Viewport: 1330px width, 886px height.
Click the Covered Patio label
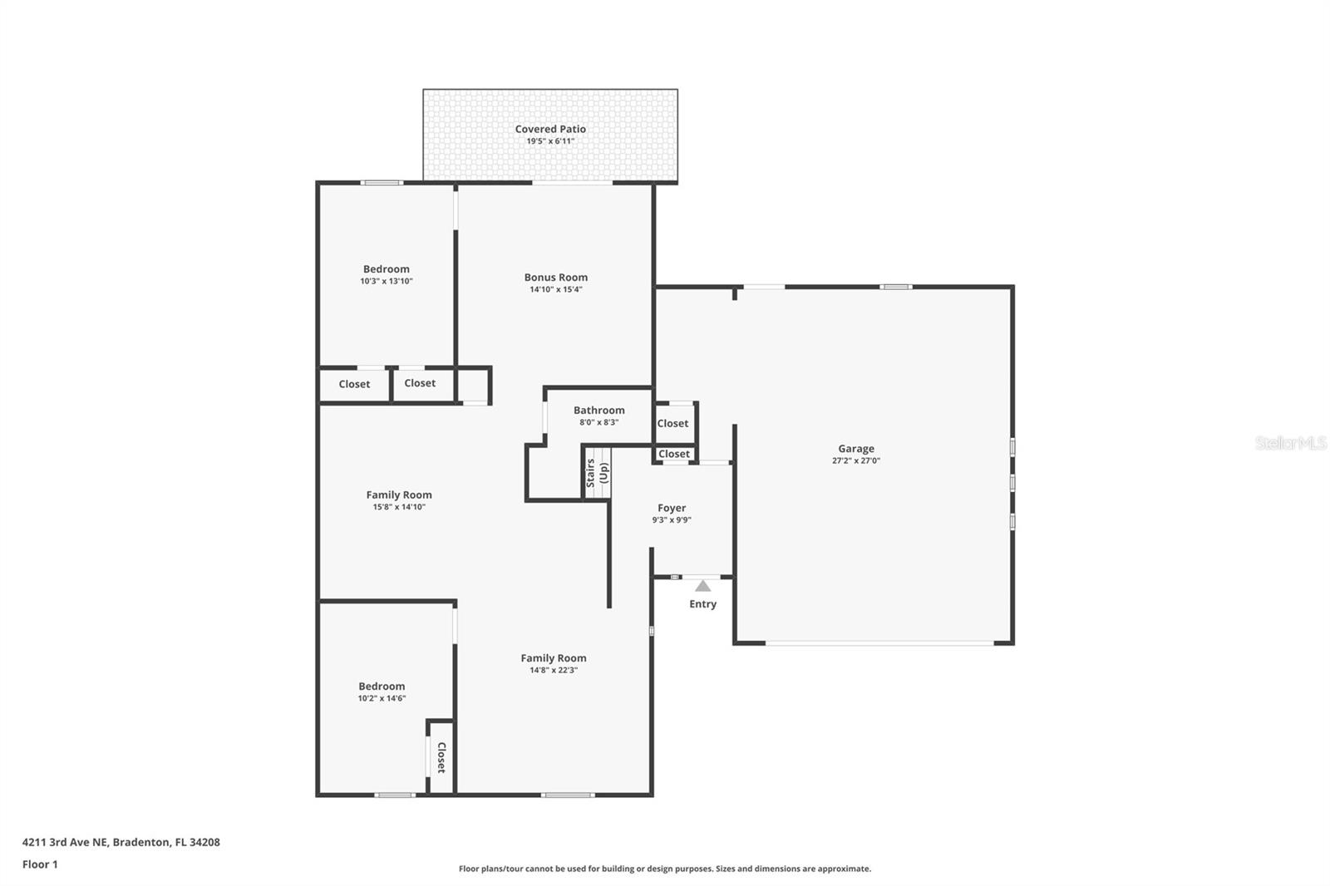[550, 129]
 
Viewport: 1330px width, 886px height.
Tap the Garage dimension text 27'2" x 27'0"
[855, 460]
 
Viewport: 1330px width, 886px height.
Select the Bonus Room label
[555, 278]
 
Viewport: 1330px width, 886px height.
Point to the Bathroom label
[598, 411]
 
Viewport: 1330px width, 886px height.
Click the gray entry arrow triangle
[703, 586]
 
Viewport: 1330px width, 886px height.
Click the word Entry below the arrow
[702, 604]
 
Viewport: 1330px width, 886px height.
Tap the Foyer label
[672, 508]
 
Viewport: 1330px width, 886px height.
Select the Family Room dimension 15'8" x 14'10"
[399, 507]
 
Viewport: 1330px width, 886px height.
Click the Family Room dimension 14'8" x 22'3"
[554, 670]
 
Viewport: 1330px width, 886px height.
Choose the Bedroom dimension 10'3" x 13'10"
[387, 281]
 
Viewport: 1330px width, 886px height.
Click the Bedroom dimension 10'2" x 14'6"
[382, 698]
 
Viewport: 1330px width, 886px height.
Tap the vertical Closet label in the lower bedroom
[441, 758]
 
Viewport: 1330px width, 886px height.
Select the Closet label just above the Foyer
[673, 454]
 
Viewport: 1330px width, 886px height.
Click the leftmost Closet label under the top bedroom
[354, 384]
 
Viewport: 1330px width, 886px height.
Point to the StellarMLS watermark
[1290, 443]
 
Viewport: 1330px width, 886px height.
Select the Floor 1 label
[40, 864]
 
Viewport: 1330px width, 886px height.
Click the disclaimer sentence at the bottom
[665, 869]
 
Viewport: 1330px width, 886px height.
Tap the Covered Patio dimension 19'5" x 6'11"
[550, 141]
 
